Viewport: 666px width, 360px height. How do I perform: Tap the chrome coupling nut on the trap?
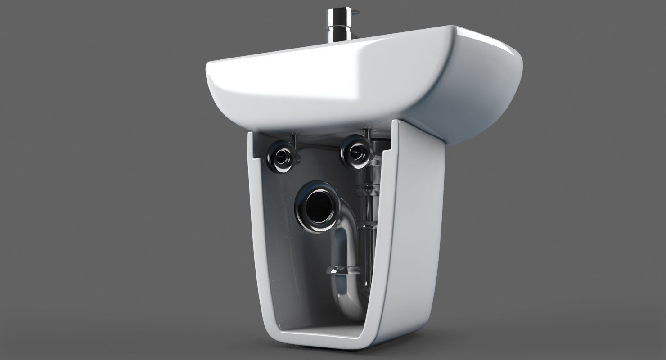pos(344,270)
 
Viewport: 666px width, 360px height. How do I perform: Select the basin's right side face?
pos(486,94)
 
